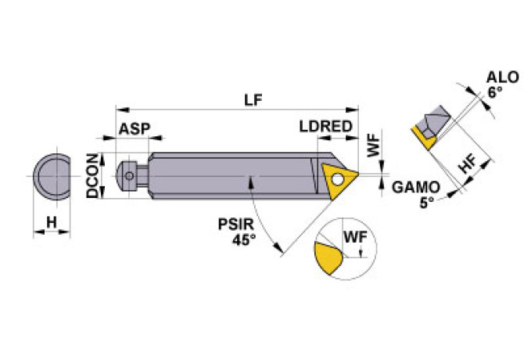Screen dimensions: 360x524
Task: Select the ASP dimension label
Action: (134, 128)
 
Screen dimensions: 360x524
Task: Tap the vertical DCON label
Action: (92, 175)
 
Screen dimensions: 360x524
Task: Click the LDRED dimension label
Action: (325, 128)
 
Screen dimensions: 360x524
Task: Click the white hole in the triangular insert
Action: (336, 178)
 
